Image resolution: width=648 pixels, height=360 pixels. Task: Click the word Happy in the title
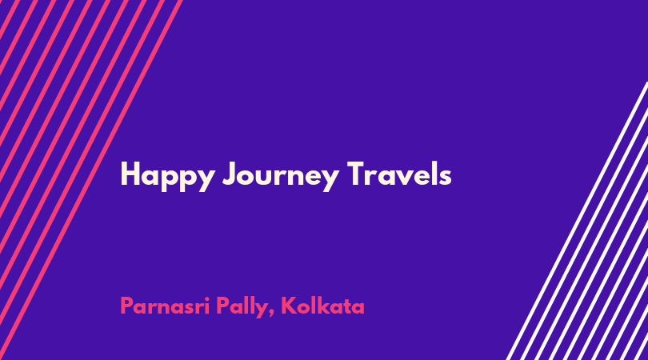(x=167, y=177)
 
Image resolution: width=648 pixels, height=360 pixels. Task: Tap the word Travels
(x=399, y=174)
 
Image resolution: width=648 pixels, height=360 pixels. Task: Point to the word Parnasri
(x=165, y=306)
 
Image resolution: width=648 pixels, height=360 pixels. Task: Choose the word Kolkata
(x=322, y=306)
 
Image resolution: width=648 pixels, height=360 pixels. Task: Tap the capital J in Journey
(x=230, y=174)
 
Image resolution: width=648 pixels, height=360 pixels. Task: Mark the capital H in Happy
(x=130, y=174)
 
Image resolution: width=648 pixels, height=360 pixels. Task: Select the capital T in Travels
(x=356, y=174)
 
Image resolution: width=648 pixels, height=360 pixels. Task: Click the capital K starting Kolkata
(x=289, y=306)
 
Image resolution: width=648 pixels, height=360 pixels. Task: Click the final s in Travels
(x=445, y=178)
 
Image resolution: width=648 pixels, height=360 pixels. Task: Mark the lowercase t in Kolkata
(x=346, y=306)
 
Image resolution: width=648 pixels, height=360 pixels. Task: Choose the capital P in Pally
(x=223, y=306)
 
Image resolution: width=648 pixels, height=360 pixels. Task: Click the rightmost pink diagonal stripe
(x=91, y=180)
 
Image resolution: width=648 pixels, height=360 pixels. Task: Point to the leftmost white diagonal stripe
(x=577, y=221)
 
